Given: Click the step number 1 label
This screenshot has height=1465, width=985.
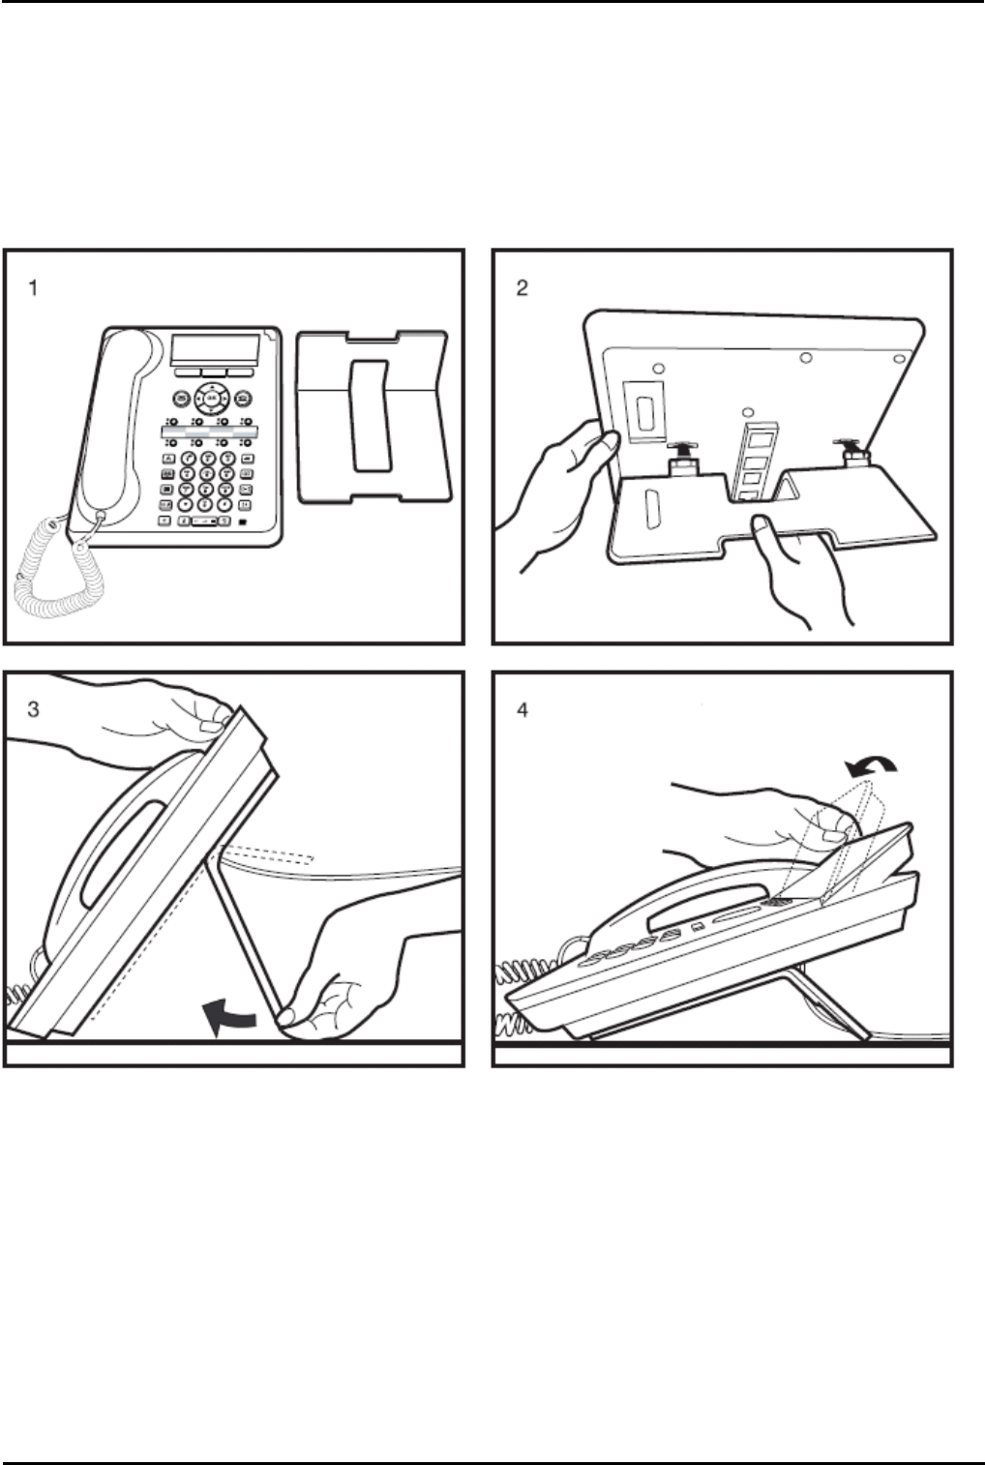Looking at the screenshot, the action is [x=33, y=287].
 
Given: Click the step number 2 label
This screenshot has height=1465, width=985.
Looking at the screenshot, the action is [x=522, y=287].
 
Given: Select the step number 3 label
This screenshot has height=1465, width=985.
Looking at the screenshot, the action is [x=33, y=709].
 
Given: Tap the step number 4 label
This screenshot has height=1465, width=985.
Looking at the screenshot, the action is [x=522, y=709].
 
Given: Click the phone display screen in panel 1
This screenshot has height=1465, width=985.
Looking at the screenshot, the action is [x=215, y=351].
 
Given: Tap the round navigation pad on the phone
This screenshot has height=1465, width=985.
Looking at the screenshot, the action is [x=210, y=397].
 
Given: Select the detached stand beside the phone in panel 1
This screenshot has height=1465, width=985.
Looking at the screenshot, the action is [x=373, y=417].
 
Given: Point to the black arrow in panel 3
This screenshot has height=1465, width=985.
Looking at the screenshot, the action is [x=229, y=1017].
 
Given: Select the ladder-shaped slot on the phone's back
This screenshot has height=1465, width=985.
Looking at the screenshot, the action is [x=756, y=462].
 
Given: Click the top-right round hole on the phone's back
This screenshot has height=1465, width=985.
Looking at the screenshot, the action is [x=899, y=358].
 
